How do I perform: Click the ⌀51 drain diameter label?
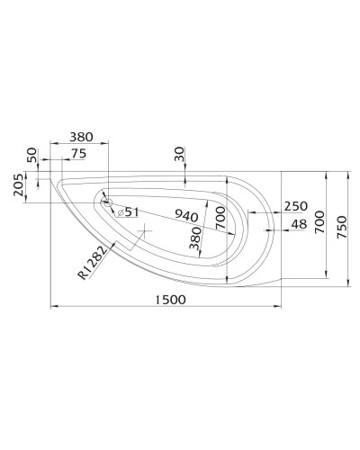(127, 211)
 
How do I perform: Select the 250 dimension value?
(295, 206)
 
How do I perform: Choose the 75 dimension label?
(78, 154)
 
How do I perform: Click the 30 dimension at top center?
(180, 156)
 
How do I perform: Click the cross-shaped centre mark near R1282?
(143, 232)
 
